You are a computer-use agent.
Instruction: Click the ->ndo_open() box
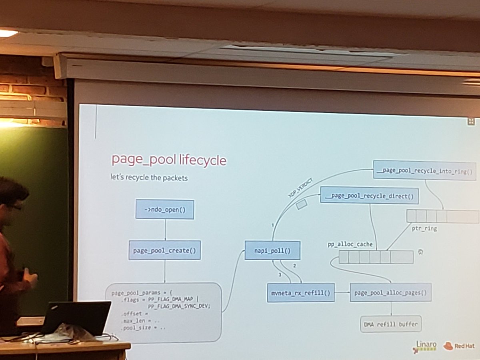164,210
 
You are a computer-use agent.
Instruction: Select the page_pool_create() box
164,250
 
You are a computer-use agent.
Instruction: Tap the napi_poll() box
272,250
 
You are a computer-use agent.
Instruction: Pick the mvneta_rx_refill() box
300,292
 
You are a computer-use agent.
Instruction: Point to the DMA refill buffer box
391,324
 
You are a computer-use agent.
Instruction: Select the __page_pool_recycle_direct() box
369,196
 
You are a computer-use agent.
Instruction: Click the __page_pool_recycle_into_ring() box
424,170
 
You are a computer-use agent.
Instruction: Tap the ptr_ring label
424,229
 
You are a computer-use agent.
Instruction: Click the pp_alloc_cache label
350,244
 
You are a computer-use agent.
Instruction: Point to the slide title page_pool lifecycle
168,160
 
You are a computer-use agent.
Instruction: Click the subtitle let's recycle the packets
149,177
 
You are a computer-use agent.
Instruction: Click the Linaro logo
424,346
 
